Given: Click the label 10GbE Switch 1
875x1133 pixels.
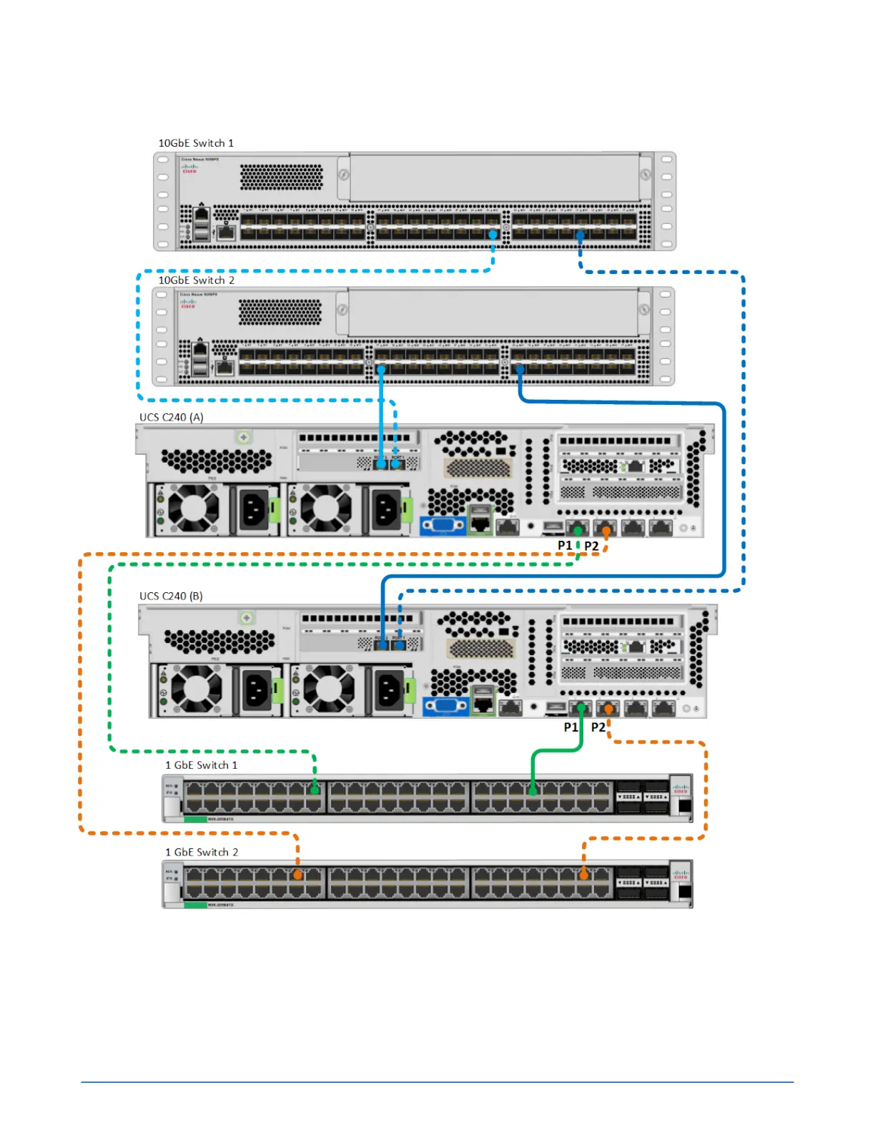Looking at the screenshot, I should pyautogui.click(x=196, y=143).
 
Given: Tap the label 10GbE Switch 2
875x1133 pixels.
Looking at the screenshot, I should pyautogui.click(x=196, y=280).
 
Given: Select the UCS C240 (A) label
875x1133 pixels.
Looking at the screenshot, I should pyautogui.click(x=172, y=417).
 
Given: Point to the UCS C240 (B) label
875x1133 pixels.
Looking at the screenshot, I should pyautogui.click(x=171, y=596).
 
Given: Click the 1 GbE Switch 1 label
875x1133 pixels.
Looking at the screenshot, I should pyautogui.click(x=201, y=765).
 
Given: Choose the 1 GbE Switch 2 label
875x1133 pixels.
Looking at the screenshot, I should pyautogui.click(x=202, y=852).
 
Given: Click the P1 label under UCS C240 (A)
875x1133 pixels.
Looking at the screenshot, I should pyautogui.click(x=565, y=546).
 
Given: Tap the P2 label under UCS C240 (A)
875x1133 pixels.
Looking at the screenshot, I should pyautogui.click(x=591, y=546).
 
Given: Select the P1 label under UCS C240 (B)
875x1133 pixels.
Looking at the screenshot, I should pyautogui.click(x=570, y=727).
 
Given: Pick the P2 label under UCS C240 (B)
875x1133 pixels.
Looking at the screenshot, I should pyautogui.click(x=598, y=727).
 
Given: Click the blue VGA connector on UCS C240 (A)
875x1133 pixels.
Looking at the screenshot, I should pyautogui.click(x=443, y=526).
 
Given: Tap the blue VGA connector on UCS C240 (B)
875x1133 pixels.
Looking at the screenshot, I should pyautogui.click(x=445, y=706).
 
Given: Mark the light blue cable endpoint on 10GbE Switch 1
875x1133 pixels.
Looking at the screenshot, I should pyautogui.click(x=493, y=235).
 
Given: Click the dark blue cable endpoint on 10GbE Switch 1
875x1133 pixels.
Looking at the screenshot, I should pyautogui.click(x=580, y=235).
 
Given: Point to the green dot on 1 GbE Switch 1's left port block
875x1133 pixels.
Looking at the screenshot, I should pyautogui.click(x=315, y=790).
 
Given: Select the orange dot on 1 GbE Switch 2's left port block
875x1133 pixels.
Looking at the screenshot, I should pyautogui.click(x=298, y=875).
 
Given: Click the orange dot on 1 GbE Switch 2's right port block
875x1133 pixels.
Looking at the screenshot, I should pyautogui.click(x=584, y=875).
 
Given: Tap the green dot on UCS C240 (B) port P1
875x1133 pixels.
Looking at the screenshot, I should pyautogui.click(x=581, y=708).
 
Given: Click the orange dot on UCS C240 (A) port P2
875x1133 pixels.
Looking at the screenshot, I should pyautogui.click(x=606, y=531).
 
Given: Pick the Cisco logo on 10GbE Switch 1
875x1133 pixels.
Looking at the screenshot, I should pyautogui.click(x=189, y=168).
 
